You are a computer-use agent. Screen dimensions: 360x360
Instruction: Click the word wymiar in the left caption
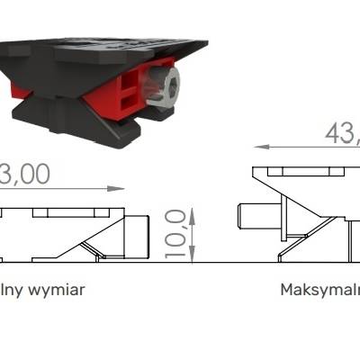(x=56, y=291)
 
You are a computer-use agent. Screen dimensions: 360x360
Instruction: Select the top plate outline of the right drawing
(x=302, y=171)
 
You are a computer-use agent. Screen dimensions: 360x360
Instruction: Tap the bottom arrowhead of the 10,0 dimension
(x=193, y=258)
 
